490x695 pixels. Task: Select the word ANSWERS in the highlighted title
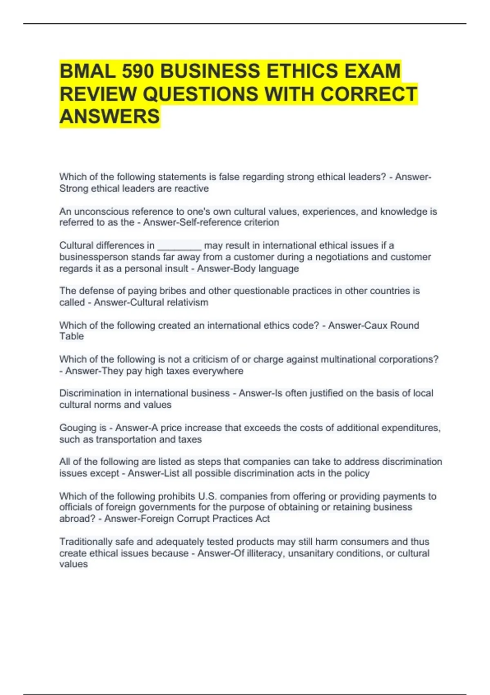click(x=109, y=116)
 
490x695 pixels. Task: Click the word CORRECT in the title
click(x=368, y=94)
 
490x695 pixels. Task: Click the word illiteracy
click(x=265, y=554)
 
